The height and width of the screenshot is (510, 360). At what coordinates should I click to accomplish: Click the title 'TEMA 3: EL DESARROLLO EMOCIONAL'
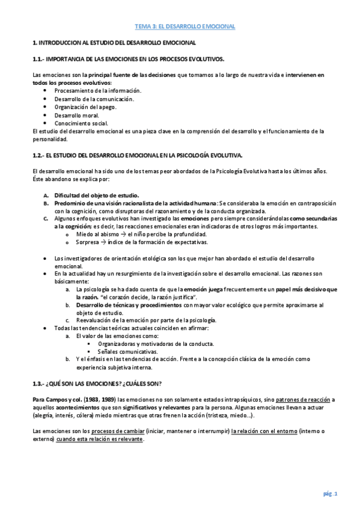tap(184, 26)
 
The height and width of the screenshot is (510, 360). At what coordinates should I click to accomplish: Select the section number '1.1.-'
tap(39, 59)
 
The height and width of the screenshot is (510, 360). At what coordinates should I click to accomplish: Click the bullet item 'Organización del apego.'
tap(85, 107)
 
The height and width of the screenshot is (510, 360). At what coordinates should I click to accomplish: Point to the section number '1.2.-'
tap(39, 155)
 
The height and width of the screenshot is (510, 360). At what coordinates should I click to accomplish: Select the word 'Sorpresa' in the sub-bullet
tap(88, 242)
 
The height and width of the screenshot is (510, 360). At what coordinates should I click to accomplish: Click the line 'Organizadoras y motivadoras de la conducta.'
tap(155, 344)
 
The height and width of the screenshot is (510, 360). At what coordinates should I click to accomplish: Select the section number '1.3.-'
tap(39, 383)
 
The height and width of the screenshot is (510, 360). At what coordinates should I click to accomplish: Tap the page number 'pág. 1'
tap(331, 493)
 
